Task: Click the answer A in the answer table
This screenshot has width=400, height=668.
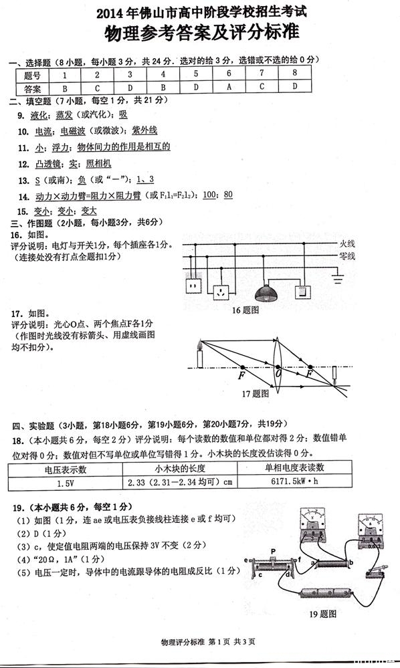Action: pyautogui.click(x=228, y=88)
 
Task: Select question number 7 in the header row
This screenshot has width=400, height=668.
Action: pyautogui.click(x=261, y=74)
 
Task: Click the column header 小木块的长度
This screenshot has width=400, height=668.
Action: pyautogui.click(x=180, y=468)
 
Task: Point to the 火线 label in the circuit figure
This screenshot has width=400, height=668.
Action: pyautogui.click(x=346, y=243)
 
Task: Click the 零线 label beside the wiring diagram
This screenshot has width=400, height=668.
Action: pyautogui.click(x=346, y=255)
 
